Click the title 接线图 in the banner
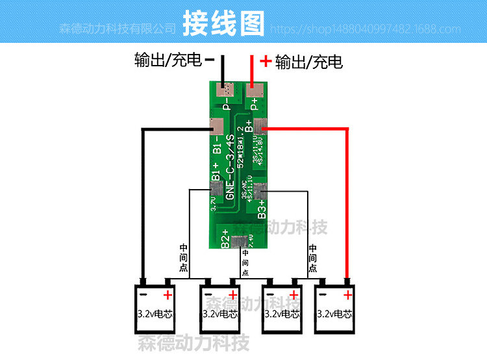click(224, 23)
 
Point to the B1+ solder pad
click(215, 188)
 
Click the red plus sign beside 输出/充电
click(265, 61)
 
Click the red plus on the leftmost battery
click(168, 296)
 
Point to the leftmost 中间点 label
click(184, 258)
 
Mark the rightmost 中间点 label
click(312, 258)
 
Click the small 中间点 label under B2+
click(245, 263)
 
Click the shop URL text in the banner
click(364, 29)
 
